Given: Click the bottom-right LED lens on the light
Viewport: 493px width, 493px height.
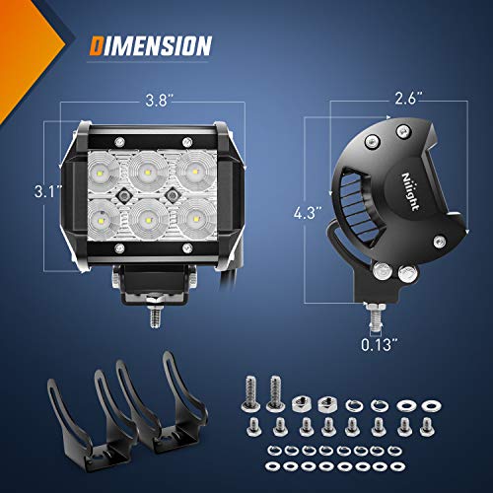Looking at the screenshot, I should [191, 214].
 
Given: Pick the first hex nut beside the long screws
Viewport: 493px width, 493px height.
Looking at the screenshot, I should [303, 402].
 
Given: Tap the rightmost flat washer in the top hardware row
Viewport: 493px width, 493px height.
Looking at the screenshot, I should [431, 404].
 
